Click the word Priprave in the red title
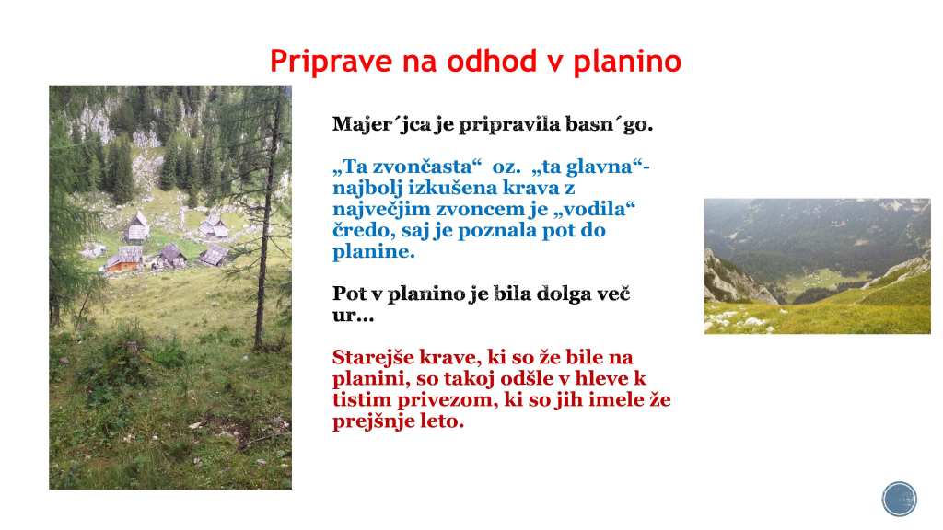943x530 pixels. (x=331, y=62)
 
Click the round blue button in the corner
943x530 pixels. (x=899, y=499)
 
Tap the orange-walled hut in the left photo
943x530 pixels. (x=124, y=259)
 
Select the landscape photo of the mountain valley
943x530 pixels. (x=818, y=266)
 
